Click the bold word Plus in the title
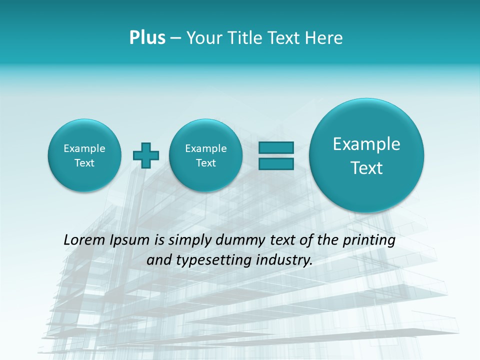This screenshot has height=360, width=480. tap(147, 38)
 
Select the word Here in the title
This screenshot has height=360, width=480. tap(324, 38)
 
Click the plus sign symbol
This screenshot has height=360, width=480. tap(146, 155)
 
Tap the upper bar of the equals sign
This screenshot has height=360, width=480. tap(276, 148)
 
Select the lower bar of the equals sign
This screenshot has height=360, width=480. tap(276, 163)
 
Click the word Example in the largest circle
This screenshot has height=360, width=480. tap(366, 144)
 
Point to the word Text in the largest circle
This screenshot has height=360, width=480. tap(366, 168)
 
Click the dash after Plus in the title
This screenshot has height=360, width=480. tap(175, 38)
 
